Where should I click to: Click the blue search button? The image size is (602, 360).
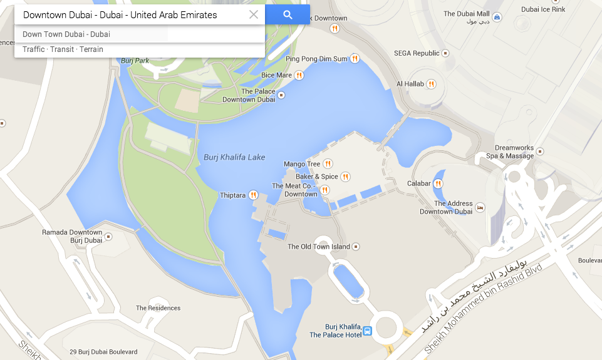coord(288,15)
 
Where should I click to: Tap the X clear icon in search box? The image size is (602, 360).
coord(254,15)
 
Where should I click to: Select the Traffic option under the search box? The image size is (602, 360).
coord(33,49)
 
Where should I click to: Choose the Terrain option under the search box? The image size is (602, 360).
coord(91,49)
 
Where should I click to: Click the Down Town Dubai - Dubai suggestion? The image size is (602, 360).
coord(66,34)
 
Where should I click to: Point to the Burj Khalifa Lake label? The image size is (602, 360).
coord(234,157)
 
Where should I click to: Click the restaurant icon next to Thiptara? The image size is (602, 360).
coord(254,195)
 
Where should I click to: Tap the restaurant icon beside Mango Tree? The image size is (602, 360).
coord(328,164)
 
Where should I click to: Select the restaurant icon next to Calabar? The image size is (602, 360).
coord(439,183)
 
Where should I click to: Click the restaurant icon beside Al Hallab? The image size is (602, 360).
coord(432,84)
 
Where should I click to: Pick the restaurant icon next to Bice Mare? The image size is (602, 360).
coord(299,76)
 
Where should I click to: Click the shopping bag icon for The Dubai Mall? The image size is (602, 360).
coord(497,18)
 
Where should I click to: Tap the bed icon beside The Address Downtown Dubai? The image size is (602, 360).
coord(480,207)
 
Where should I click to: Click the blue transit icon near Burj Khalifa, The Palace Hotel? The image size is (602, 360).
coord(368,331)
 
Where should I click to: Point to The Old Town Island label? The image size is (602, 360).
coord(319,247)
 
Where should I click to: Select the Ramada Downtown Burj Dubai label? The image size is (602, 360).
coord(72,236)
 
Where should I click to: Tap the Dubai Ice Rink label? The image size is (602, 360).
coord(543,9)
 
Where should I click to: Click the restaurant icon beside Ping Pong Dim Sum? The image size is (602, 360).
coord(355,59)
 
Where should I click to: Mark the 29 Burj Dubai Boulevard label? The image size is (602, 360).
coord(103,352)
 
